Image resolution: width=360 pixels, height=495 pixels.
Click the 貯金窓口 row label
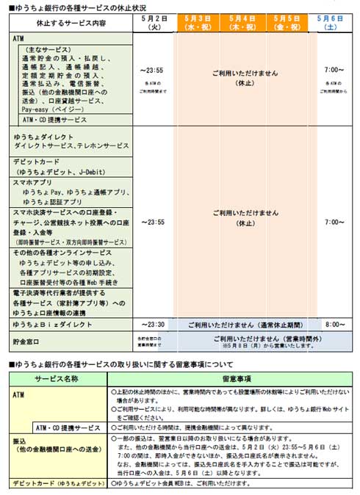coord(29,341)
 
